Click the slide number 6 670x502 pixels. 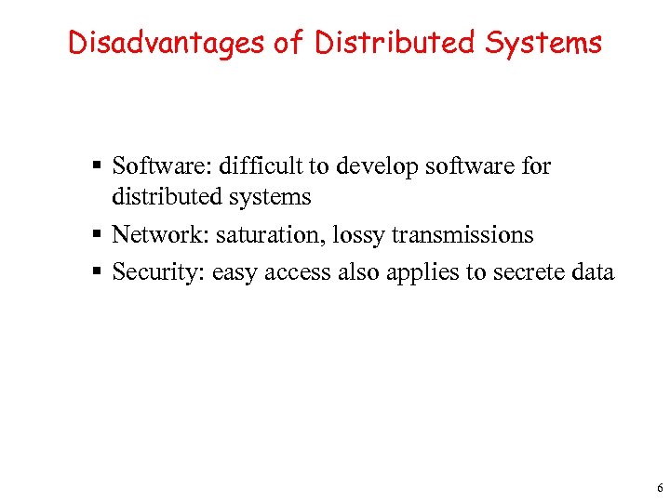tap(659, 487)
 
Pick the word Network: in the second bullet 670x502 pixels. tap(160, 235)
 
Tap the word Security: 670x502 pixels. tap(158, 272)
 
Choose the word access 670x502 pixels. tap(292, 272)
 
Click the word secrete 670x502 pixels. tap(502, 272)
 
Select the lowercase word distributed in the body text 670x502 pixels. tap(167, 197)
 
